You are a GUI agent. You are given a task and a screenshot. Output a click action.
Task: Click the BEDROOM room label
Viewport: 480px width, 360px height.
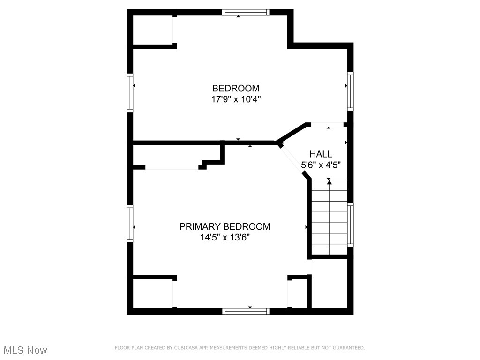236,88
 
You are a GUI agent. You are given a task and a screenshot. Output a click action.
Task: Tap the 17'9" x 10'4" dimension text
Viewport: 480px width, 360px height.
236,99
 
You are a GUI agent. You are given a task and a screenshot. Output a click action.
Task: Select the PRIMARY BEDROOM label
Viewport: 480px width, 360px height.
225,227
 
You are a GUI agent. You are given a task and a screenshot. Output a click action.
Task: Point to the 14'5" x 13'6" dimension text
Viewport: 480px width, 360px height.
225,238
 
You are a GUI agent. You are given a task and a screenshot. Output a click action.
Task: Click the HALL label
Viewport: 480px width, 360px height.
321,154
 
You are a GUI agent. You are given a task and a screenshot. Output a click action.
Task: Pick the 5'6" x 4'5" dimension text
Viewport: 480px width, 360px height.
321,165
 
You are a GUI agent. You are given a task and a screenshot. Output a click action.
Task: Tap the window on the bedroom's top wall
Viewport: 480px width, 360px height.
246,13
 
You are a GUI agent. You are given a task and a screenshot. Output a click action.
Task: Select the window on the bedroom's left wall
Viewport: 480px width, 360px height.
130,92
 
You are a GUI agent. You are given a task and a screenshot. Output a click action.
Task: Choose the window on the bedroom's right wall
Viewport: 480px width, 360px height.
350,90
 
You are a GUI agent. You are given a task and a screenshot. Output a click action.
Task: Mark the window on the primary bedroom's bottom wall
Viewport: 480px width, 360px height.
246,311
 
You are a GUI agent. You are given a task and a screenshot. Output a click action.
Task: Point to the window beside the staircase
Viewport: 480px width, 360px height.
350,224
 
